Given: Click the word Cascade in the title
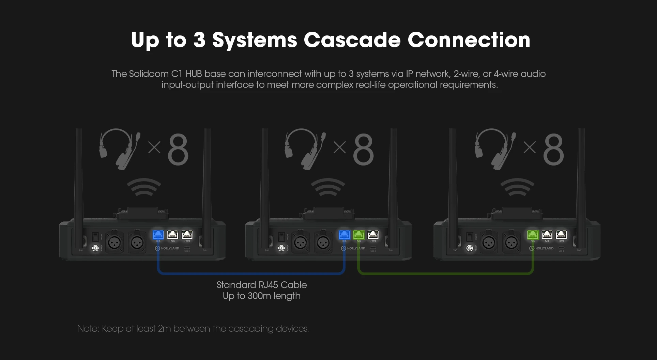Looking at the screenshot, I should tap(352, 40).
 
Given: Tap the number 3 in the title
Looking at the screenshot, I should tap(200, 40).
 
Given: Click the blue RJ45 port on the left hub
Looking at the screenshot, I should tap(158, 235).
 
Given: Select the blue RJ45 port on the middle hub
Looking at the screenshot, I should tap(344, 235).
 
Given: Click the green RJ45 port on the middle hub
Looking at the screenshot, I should tap(358, 235).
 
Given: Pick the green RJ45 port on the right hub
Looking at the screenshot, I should tap(532, 235).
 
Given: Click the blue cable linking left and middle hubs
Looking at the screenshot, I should tap(251, 273).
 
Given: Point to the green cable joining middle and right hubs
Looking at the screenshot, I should tap(445, 273).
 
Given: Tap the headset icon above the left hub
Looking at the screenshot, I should tap(120, 148).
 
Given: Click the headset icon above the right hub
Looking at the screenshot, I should tap(494, 148).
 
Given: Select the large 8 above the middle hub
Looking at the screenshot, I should tap(363, 150).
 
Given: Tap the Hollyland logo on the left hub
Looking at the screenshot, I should tap(167, 248).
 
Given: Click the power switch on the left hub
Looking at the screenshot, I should tap(95, 236).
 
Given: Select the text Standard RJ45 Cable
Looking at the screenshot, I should tap(261, 285).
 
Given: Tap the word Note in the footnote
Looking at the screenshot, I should tap(88, 329).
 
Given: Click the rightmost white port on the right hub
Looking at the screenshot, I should tap(561, 235).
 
